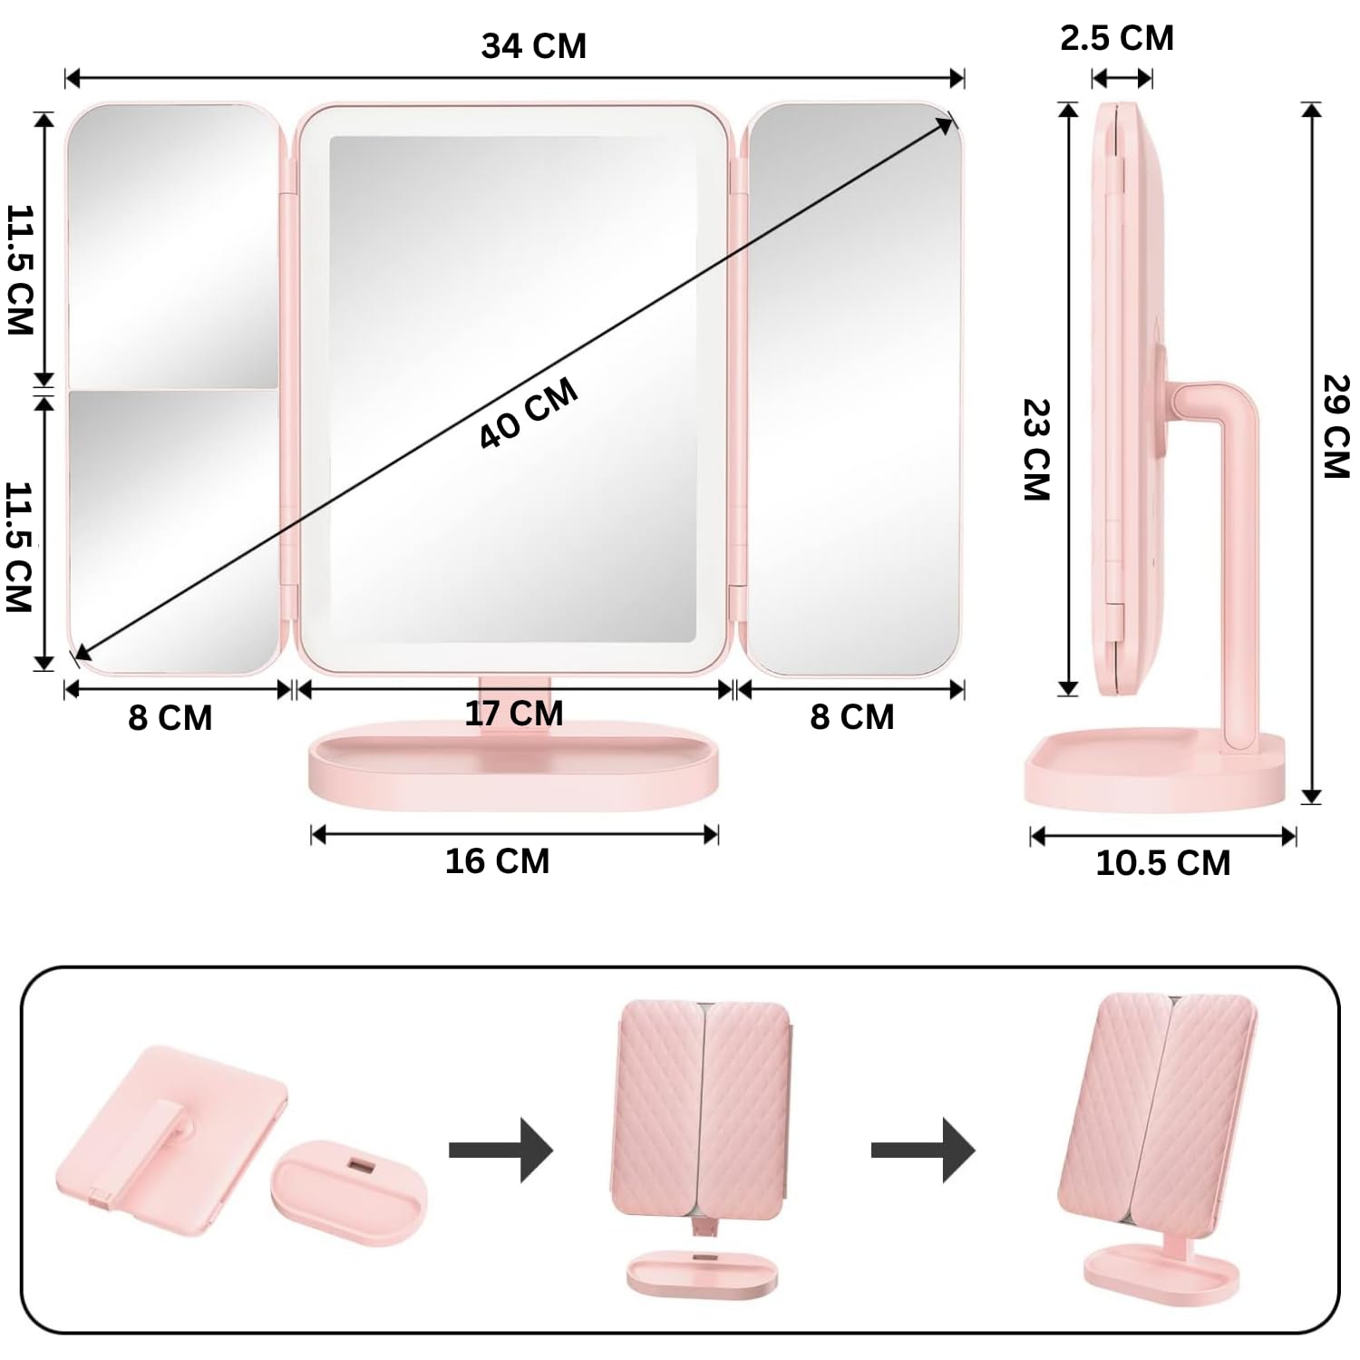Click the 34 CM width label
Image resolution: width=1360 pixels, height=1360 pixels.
click(x=533, y=45)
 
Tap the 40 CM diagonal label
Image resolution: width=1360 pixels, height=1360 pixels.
click(x=528, y=413)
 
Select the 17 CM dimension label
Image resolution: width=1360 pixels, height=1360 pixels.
click(x=514, y=714)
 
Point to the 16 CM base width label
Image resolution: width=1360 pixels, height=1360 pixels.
click(x=497, y=860)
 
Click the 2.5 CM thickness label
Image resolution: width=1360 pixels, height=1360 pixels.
click(x=1117, y=38)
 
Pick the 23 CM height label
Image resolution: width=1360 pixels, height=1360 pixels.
click(x=1036, y=450)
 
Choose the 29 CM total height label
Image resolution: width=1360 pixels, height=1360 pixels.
click(x=1336, y=426)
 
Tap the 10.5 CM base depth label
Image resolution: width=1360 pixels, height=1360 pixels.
click(x=1163, y=862)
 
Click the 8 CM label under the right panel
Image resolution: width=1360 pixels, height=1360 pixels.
click(x=851, y=717)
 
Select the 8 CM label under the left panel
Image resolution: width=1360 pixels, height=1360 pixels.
click(x=170, y=717)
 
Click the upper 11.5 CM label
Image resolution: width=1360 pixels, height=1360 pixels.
click(x=20, y=270)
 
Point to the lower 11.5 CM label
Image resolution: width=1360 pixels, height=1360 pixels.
click(x=20, y=547)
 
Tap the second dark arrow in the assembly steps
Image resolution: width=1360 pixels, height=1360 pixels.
click(x=922, y=1150)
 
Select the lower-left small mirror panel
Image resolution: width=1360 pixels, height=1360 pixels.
click(x=172, y=530)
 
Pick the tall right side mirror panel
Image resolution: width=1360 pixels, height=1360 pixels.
click(x=852, y=390)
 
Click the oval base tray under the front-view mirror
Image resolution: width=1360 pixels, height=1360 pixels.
click(x=514, y=766)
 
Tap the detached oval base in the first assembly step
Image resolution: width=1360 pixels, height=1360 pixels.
click(x=349, y=1190)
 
